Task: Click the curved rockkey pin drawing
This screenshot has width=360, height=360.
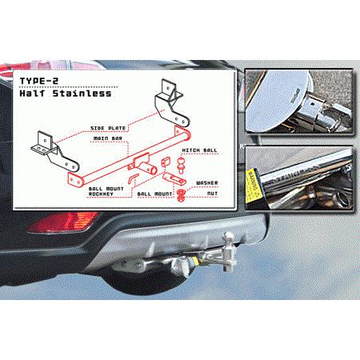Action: (137, 172)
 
